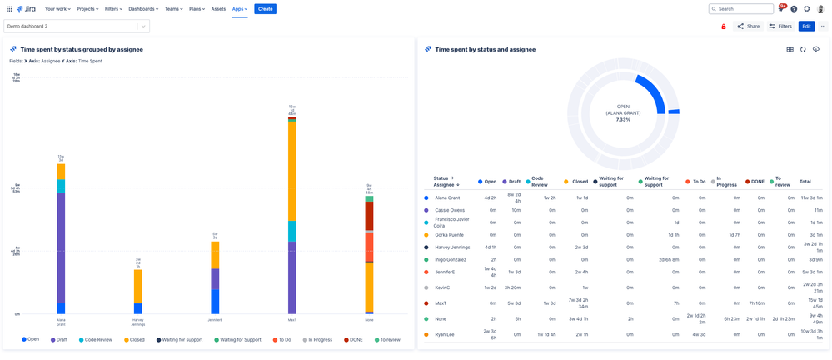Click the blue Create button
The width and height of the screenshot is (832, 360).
point(265,9)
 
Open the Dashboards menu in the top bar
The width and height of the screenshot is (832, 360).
point(142,9)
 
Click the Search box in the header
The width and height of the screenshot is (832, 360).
point(741,9)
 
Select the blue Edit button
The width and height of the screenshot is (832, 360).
point(805,27)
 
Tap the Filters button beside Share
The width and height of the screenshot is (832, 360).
point(780,27)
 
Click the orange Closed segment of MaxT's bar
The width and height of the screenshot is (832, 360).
point(292,171)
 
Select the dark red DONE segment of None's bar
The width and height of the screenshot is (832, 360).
point(369,216)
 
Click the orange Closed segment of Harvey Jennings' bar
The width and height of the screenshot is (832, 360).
point(138,286)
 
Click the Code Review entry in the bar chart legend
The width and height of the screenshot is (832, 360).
point(95,340)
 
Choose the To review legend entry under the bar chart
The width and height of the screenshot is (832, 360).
point(387,340)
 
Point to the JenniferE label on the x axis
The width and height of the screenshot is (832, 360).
point(215,320)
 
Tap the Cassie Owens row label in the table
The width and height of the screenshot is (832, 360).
point(450,210)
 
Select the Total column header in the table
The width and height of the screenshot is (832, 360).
point(805,181)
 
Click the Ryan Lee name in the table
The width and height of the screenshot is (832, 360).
point(445,334)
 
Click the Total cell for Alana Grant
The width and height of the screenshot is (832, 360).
point(811,197)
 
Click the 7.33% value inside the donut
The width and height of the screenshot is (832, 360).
point(623,120)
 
